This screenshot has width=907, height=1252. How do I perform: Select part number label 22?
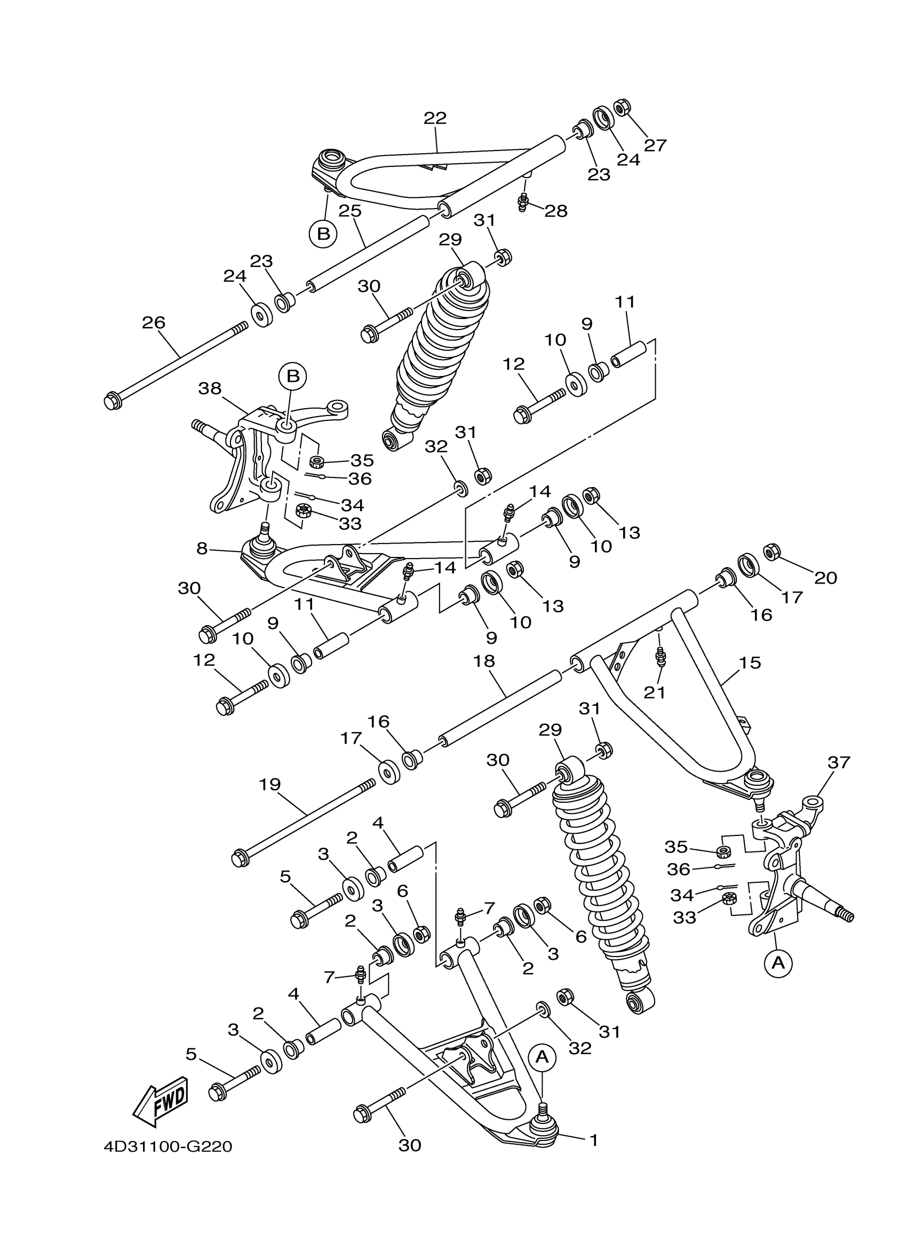(x=435, y=118)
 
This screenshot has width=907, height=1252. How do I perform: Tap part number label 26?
(x=154, y=322)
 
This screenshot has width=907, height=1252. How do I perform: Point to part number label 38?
(x=210, y=389)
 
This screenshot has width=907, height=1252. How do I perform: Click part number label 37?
(x=839, y=762)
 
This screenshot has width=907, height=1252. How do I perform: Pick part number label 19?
(x=269, y=784)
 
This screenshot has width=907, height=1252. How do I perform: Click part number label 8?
(x=202, y=548)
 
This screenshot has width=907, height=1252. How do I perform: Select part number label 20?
(x=825, y=578)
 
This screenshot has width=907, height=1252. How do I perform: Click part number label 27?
(x=655, y=145)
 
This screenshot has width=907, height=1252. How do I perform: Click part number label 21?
(x=655, y=692)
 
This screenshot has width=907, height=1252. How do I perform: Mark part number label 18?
(x=484, y=661)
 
